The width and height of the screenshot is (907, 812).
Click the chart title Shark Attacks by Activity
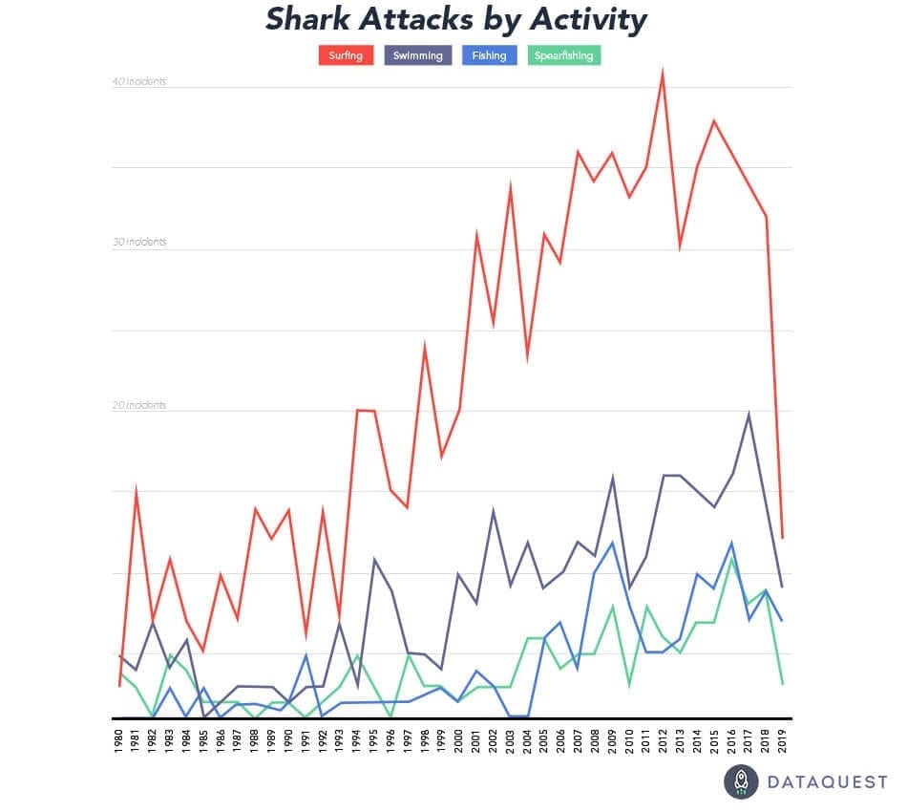[x=455, y=19]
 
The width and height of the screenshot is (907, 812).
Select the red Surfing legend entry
[x=345, y=55]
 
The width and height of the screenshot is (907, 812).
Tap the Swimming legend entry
[x=418, y=55]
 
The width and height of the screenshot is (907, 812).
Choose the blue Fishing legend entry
[x=489, y=55]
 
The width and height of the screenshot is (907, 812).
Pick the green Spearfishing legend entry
[x=564, y=55]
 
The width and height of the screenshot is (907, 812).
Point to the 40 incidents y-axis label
[x=139, y=81]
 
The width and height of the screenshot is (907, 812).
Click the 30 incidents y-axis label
[x=139, y=242]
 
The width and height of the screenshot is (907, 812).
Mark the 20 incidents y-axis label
[x=139, y=405]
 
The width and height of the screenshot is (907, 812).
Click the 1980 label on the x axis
[x=119, y=740]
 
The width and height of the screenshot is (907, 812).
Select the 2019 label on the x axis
[x=783, y=740]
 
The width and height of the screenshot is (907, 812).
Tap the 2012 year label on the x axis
[x=664, y=740]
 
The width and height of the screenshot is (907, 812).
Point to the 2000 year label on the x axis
[x=459, y=740]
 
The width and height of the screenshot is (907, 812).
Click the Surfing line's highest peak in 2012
[x=663, y=72]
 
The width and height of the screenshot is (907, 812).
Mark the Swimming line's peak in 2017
[x=749, y=414]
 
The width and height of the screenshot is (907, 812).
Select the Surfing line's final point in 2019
[x=783, y=538]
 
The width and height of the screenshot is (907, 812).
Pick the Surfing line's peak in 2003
[x=511, y=184]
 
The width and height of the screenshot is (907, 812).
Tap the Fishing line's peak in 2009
[x=612, y=543]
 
